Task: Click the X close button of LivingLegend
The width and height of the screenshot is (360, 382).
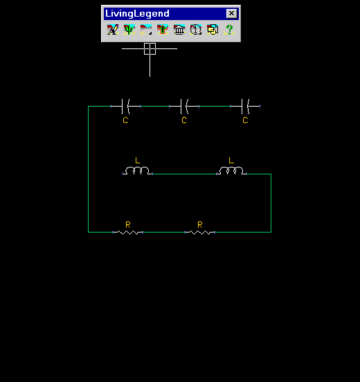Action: click(231, 13)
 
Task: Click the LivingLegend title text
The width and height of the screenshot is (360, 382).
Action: click(137, 14)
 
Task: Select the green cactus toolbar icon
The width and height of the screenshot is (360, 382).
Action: click(129, 30)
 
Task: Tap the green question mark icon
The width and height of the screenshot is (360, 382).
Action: click(229, 30)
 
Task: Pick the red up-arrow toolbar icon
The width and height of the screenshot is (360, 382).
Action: click(163, 30)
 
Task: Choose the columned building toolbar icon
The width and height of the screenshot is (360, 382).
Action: click(179, 30)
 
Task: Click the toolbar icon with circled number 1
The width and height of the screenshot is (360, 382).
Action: click(196, 30)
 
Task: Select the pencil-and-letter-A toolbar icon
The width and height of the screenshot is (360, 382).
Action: click(113, 30)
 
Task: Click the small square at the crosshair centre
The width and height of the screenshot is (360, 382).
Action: click(150, 48)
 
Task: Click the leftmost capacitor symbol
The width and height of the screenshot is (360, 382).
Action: click(125, 107)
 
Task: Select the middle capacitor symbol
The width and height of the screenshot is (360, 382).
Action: click(184, 107)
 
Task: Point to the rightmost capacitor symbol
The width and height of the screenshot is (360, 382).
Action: click(246, 107)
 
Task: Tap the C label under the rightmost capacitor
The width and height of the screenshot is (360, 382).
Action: click(246, 120)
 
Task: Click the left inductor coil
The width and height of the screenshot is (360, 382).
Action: click(137, 171)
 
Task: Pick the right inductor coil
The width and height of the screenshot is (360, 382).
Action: click(231, 171)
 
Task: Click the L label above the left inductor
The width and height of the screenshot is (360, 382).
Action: click(138, 161)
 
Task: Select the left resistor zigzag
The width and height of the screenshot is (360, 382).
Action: click(127, 233)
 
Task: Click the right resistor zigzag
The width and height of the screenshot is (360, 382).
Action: click(199, 233)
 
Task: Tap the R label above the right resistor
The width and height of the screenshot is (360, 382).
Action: click(200, 225)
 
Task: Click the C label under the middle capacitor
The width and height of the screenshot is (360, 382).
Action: click(184, 120)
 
